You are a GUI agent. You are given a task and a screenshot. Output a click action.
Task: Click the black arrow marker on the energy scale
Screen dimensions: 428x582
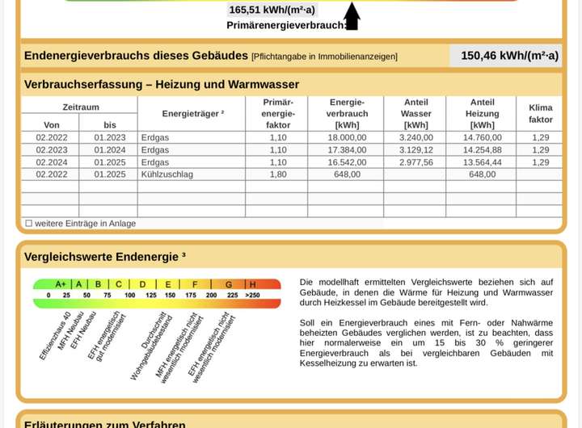tap(352, 16)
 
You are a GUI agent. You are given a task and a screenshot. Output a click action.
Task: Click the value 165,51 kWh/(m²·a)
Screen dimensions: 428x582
tap(272, 10)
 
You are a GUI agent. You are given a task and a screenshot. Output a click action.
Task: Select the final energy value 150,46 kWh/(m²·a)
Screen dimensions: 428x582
tap(509, 56)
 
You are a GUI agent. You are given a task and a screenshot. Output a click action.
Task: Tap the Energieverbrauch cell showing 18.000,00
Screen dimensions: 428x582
tap(348, 137)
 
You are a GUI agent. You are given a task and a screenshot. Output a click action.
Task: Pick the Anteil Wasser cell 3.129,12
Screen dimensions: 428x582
tap(416, 149)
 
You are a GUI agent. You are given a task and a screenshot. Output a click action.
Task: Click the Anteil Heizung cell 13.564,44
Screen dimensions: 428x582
tap(482, 162)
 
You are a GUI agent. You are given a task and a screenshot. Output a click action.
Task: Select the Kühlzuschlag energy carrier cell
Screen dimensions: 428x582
tap(167, 174)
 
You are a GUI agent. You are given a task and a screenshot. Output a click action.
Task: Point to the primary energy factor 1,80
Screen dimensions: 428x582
tap(278, 174)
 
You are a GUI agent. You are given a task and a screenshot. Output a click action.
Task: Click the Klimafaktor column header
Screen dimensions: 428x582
tap(540, 113)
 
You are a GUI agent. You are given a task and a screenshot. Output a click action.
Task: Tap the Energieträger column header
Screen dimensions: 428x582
tap(192, 114)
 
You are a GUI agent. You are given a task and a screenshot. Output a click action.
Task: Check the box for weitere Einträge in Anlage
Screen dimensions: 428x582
tap(28, 223)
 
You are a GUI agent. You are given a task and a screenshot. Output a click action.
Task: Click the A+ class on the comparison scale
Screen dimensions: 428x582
tap(61, 284)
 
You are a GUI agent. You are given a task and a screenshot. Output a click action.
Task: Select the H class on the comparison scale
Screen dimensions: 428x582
tap(252, 284)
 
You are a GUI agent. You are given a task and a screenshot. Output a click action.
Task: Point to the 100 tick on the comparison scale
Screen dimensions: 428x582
tap(129, 296)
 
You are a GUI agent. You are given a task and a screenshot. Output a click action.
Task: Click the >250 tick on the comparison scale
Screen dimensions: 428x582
tap(252, 296)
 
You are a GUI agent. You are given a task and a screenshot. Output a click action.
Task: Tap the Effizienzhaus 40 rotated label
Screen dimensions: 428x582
tap(55, 336)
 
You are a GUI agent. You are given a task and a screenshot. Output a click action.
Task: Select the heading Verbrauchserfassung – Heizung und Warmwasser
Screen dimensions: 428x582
tap(162, 84)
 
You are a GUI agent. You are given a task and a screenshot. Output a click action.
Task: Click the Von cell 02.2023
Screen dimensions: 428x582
tap(52, 149)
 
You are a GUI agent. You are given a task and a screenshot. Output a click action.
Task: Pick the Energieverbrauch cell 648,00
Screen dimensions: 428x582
tap(348, 174)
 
